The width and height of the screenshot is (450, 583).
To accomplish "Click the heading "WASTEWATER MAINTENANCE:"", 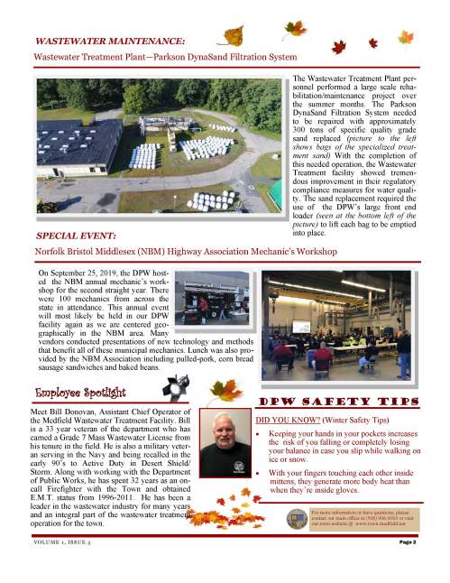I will (110, 41).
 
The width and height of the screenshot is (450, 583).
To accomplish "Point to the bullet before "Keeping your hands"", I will (260, 435).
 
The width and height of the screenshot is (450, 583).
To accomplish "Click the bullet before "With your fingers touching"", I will (260, 472).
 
